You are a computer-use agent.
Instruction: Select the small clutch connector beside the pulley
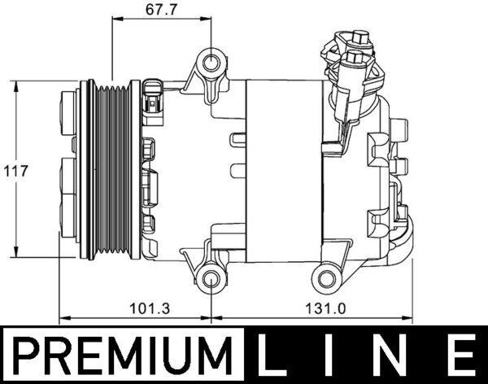pos(153,98)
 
